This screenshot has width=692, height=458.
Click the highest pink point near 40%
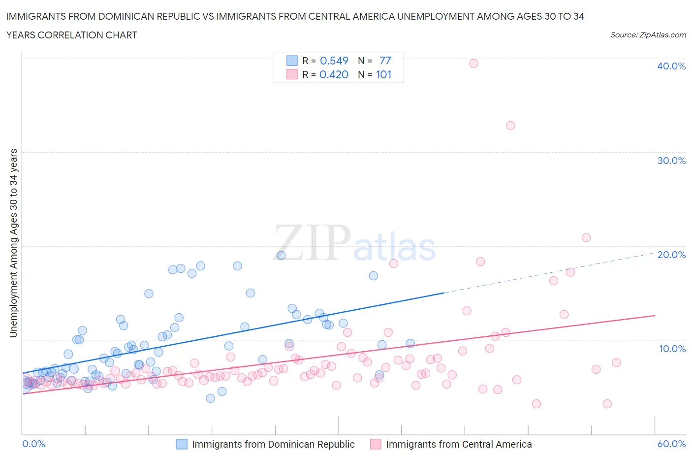coord(473,63)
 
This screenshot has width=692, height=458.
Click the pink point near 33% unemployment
coord(510,126)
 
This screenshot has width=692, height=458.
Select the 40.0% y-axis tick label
coord(671,66)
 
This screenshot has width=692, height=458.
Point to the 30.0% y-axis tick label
coord(671,161)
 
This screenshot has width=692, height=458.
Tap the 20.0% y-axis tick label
coord(671,255)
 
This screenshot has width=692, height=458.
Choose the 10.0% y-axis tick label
coord(672,349)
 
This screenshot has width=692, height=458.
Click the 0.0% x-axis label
coord(33,444)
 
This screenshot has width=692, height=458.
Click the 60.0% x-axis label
coord(671,444)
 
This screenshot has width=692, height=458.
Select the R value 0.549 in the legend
coord(334,61)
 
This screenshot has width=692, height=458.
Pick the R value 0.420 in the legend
coord(334,74)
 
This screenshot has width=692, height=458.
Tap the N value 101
coord(383,74)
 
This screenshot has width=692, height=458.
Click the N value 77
coord(385,61)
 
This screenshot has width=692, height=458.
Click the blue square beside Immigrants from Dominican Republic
coord(182,444)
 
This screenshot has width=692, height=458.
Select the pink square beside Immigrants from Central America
coord(376,444)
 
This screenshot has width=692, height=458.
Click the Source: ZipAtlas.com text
coord(648,34)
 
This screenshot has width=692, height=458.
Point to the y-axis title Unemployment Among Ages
coord(13,243)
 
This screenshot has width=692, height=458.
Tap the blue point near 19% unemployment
coord(281,255)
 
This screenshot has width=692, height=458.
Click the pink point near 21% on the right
coord(586,237)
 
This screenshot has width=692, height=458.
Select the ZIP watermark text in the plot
coord(313,242)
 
